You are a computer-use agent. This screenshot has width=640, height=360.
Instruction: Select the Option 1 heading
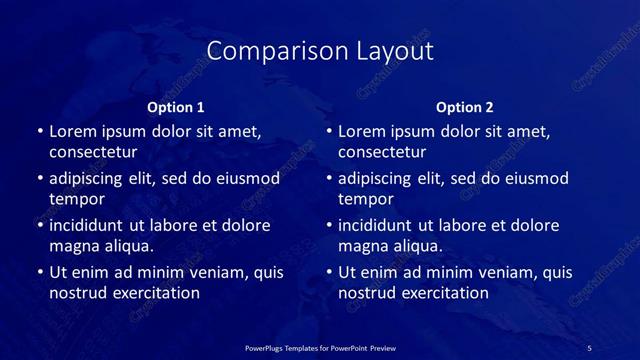tap(176, 107)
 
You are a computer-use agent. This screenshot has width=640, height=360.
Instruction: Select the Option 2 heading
tap(465, 107)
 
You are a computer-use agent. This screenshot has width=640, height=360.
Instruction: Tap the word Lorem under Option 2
tap(361, 131)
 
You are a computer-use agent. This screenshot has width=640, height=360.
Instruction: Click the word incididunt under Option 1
tap(92, 225)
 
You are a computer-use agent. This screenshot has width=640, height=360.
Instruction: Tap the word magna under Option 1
tap(73, 245)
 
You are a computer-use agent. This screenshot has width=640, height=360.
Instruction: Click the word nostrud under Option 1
tap(78, 293)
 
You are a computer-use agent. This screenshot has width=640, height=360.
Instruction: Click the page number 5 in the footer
tap(589, 347)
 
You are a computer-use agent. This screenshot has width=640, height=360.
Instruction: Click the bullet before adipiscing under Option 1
tap(39, 179)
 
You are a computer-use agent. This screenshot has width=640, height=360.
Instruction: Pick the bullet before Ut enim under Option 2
tap(328, 272)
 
